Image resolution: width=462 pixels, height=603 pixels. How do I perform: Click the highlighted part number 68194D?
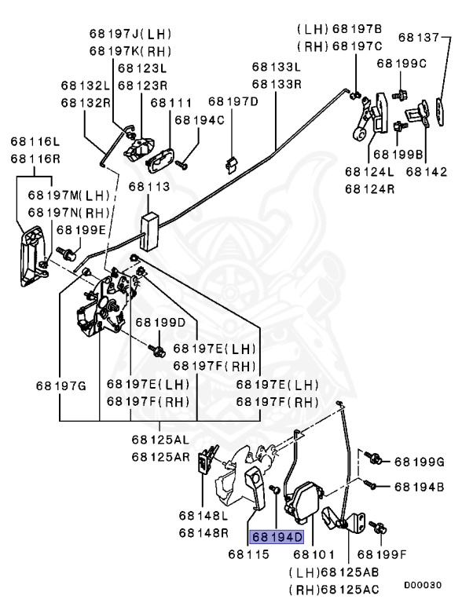(x=277, y=537)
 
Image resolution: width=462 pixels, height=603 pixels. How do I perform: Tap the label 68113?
(x=149, y=188)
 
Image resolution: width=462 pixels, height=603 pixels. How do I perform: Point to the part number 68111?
(x=170, y=102)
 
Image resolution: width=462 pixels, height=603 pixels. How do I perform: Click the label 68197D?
(x=233, y=102)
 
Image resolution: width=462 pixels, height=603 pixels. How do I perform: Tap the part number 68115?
(x=249, y=554)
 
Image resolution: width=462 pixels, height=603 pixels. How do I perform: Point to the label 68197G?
(x=60, y=385)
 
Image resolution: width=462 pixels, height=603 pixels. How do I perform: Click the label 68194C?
(x=199, y=120)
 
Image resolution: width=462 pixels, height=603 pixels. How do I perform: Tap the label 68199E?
(x=80, y=230)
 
